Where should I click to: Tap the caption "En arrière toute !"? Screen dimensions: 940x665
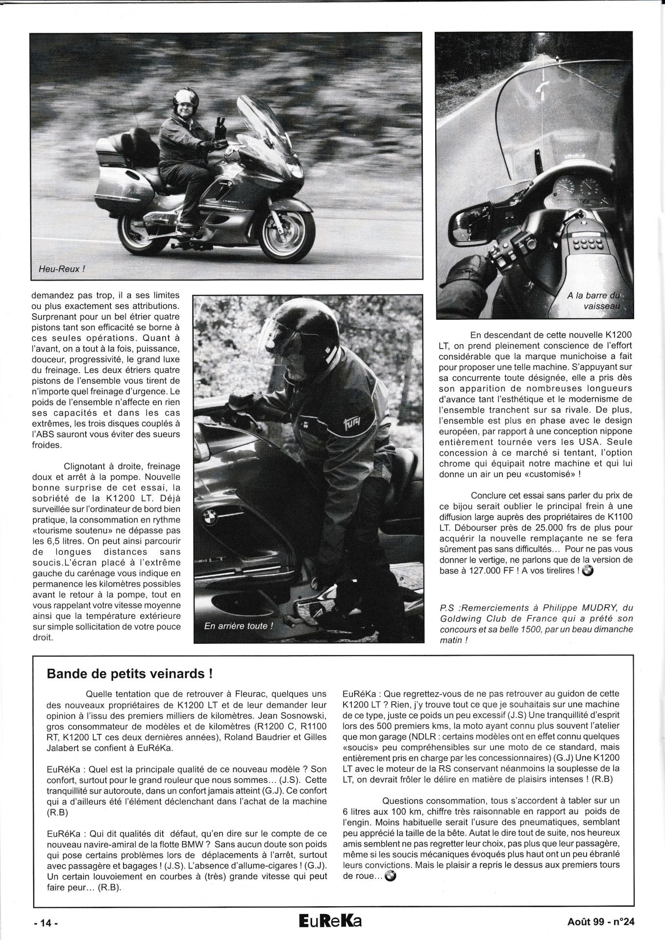pos(238,626)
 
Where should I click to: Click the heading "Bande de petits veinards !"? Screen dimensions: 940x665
pos(129,673)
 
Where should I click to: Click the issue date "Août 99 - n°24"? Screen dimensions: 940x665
pos(597,922)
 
